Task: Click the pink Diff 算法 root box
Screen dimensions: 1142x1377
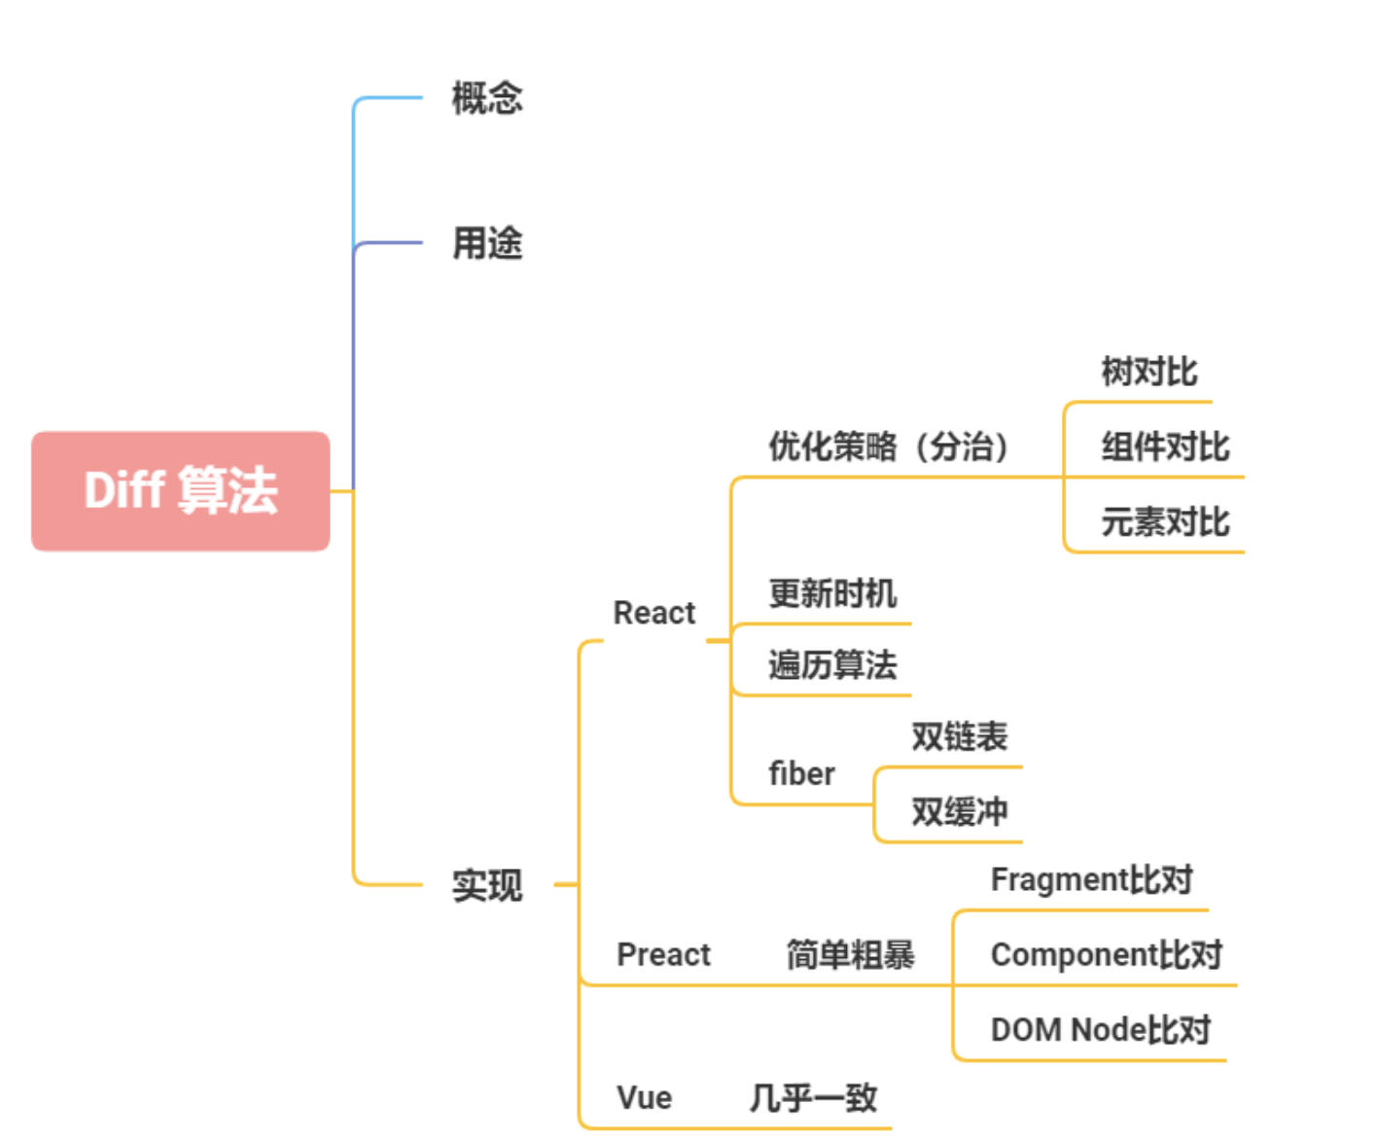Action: pos(181,490)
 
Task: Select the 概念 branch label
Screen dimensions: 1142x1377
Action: pos(487,98)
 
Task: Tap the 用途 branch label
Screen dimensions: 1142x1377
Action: pos(487,243)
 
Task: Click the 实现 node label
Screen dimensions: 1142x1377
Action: pos(487,885)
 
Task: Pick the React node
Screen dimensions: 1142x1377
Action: pos(654,613)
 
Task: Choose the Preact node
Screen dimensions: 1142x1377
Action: pos(663,954)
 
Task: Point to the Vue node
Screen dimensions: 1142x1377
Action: pos(644,1097)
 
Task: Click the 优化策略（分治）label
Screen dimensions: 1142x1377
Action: pos(889,446)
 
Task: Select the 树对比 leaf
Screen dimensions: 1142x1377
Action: pos(1149,372)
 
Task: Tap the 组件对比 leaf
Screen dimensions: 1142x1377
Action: pos(1165,446)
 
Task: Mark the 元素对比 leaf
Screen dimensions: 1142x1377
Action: pos(1165,522)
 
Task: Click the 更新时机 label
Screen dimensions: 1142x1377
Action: pos(832,592)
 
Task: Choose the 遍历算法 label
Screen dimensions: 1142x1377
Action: pos(832,665)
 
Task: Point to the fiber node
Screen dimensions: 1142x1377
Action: pos(801,773)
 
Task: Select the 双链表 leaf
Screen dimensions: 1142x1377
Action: pos(959,736)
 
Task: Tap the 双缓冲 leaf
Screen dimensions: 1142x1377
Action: pos(959,811)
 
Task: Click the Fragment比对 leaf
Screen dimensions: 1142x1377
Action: pos(1091,879)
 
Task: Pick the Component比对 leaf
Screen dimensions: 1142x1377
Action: pos(1106,954)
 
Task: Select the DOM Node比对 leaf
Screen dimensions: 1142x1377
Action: pos(1100,1029)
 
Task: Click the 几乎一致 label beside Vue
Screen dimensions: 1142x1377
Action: pos(813,1097)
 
